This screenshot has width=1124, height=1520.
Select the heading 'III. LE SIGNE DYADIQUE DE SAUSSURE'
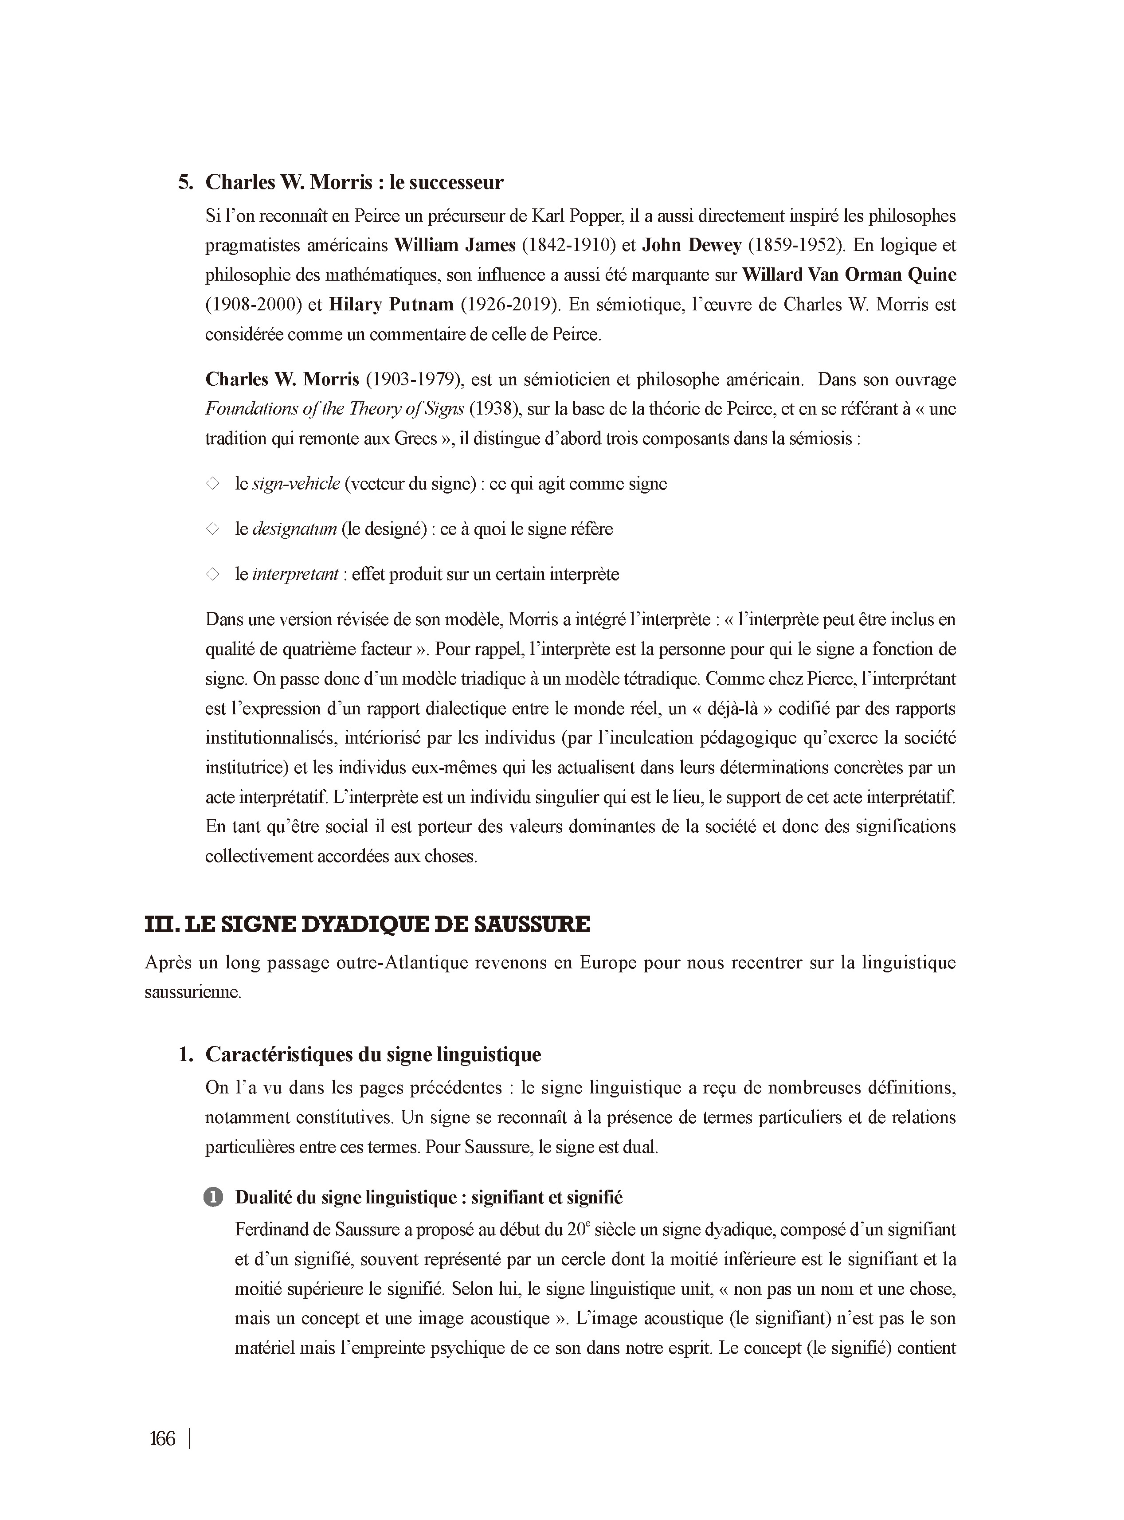[368, 925]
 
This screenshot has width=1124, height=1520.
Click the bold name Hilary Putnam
[391, 304]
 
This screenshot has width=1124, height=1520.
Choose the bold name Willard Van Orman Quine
[849, 275]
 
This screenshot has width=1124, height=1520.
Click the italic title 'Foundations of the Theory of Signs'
[335, 409]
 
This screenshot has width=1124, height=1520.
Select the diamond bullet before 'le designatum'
[213, 529]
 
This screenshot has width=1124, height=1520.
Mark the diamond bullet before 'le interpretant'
[213, 574]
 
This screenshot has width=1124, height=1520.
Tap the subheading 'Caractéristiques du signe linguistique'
[373, 1054]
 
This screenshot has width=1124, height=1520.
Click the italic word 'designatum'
[294, 529]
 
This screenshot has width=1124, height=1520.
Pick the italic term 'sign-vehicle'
[296, 484]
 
